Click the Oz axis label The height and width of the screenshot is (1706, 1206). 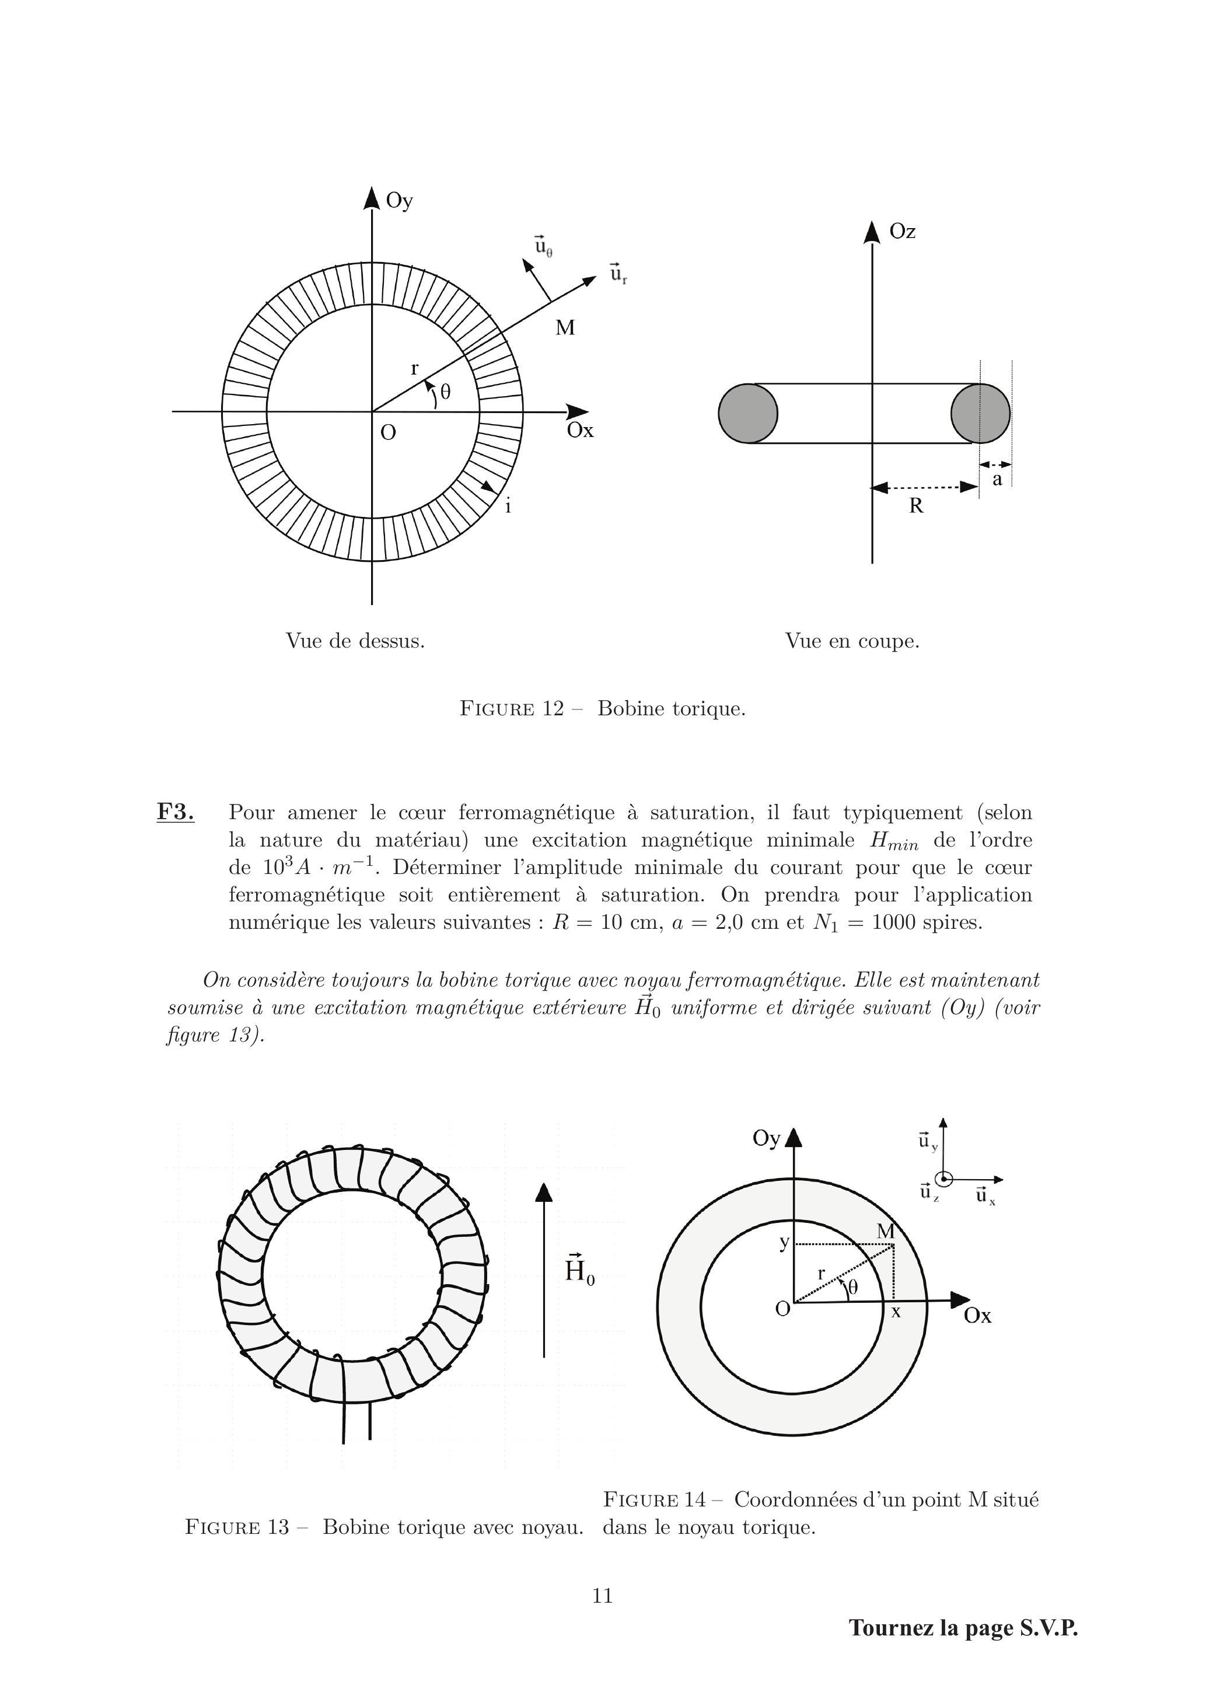[902, 232]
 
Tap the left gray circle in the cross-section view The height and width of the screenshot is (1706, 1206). [748, 413]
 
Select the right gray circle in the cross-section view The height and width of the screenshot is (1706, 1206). [980, 413]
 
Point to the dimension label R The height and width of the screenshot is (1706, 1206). [916, 506]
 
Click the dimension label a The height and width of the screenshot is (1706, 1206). [997, 479]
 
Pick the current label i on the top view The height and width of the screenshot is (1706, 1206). [508, 507]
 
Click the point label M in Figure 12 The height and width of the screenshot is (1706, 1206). [565, 328]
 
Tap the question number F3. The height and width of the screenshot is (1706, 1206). [176, 812]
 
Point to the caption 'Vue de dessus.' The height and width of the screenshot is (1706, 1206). [355, 641]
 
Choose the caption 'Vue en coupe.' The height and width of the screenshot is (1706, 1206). [852, 641]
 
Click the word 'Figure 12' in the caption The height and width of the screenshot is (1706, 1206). [512, 709]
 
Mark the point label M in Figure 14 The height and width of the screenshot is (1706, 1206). [885, 1232]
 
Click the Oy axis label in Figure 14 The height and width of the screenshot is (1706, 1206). [766, 1139]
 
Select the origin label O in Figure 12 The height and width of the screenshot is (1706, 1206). [388, 432]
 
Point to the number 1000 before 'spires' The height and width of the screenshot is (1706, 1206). [897, 923]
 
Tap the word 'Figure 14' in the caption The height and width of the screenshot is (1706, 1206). [655, 1500]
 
